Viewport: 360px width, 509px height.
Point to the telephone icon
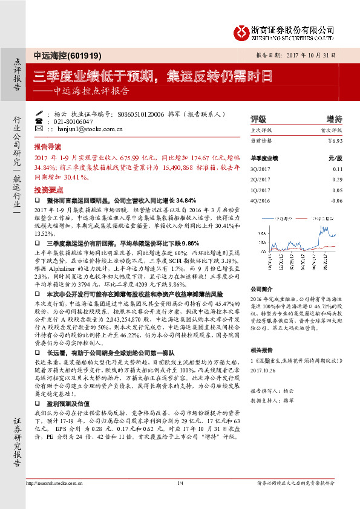pos(39,121)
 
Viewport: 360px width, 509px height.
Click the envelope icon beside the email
pos(39,129)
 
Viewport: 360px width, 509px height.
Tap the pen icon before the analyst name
pos(39,113)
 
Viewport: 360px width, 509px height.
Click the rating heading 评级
pos(258,119)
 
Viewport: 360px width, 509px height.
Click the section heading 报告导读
pos(48,147)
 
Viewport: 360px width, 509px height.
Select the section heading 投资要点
pos(48,189)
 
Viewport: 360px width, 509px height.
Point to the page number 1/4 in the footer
pos(180,499)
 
